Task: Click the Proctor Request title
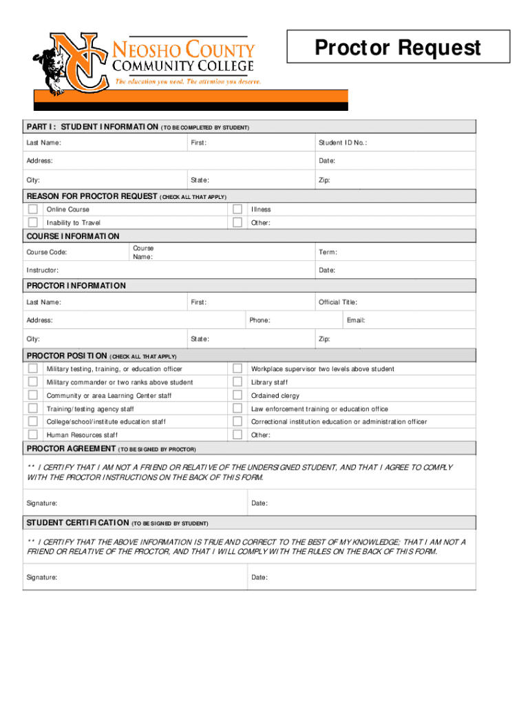click(x=397, y=48)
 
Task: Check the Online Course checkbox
click(x=32, y=209)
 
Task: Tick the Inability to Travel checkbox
click(x=32, y=222)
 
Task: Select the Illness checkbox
click(x=237, y=209)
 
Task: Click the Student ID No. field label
click(x=342, y=143)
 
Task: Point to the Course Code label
click(x=47, y=253)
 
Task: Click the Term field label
click(x=328, y=253)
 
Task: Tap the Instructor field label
click(x=42, y=271)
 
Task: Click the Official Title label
click(x=337, y=302)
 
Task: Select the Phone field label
click(x=259, y=321)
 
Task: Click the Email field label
click(x=356, y=321)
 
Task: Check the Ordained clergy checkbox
click(x=237, y=395)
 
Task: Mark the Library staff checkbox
click(x=237, y=382)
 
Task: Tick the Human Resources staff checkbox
click(x=32, y=435)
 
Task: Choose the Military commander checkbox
click(x=32, y=382)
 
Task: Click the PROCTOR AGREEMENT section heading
click(x=71, y=449)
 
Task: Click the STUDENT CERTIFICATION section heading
click(x=77, y=523)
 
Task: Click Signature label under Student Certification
click(x=42, y=578)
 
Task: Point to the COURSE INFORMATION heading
click(x=72, y=236)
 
